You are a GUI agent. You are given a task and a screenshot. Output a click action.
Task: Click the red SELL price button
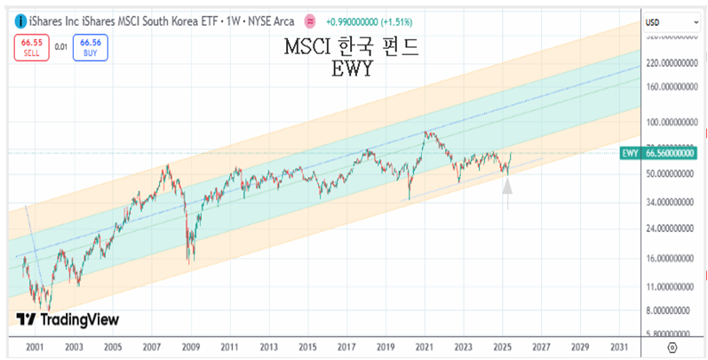pos(31,46)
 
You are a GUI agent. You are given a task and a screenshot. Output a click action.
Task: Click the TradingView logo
pos(68,320)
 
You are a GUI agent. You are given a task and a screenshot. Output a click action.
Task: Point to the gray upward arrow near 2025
pos(507,188)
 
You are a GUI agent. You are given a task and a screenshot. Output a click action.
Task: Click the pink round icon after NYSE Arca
pos(309,20)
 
